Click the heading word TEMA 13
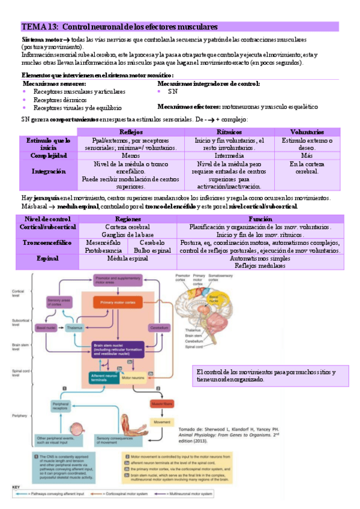[40, 27]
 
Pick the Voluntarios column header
[307, 131]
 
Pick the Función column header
[260, 219]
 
